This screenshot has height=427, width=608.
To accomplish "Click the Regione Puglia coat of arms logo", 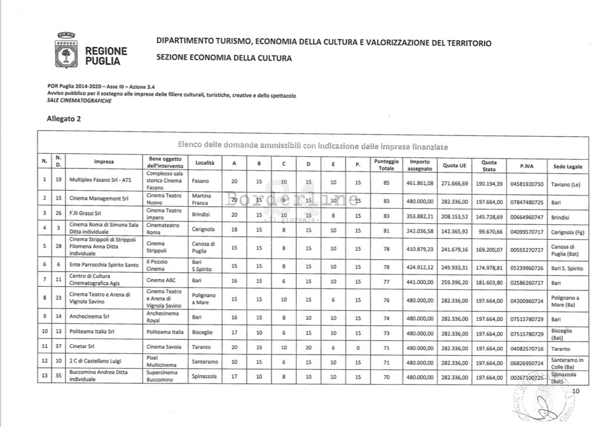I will pyautogui.click(x=66, y=52).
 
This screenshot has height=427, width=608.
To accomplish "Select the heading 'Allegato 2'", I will pyautogui.click(x=64, y=118).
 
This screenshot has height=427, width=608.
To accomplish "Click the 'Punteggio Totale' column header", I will pyautogui.click(x=386, y=165).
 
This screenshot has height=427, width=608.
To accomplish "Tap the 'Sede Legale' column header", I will pyautogui.click(x=567, y=167).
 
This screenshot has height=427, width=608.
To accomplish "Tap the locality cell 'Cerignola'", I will pyautogui.click(x=203, y=229).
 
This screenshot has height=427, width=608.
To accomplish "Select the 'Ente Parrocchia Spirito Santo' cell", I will pyautogui.click(x=104, y=266).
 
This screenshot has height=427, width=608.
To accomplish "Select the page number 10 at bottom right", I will pyautogui.click(x=576, y=391).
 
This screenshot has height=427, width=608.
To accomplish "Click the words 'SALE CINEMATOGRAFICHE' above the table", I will pyautogui.click(x=79, y=101).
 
